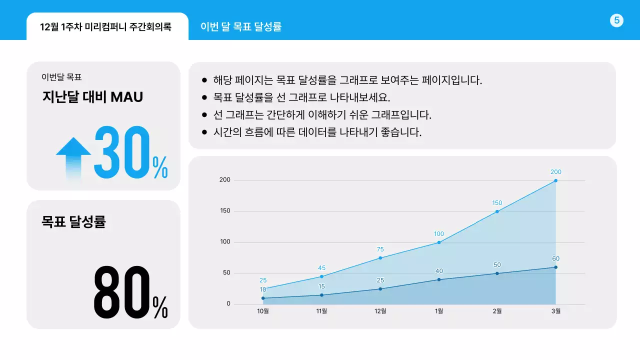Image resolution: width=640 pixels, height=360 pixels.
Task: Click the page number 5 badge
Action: coord(616,20)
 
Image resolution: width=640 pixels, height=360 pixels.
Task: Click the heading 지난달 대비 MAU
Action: coord(92,97)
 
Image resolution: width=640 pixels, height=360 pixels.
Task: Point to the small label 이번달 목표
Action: coord(61,77)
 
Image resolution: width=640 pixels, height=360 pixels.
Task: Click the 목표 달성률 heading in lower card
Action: coord(73,222)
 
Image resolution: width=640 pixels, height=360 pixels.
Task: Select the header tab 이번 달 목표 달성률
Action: coord(241,26)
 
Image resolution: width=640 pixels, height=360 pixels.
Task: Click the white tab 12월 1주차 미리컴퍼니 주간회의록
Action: coord(105,27)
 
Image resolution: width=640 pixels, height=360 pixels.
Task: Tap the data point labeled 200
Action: coord(555,180)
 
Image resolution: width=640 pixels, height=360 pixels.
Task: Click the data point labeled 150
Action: coord(497,211)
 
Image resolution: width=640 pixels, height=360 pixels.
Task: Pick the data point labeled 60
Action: coord(555,267)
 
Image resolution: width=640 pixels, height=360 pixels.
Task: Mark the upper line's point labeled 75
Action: coord(380,258)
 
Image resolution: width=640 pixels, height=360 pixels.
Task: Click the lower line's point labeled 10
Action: coord(263,298)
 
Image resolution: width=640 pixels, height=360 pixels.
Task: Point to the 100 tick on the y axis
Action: coord(225,242)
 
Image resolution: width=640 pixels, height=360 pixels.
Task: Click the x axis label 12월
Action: coord(380,311)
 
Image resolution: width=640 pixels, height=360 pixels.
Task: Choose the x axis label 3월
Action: coord(555,311)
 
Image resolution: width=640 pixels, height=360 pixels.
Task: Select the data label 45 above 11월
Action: coord(321,268)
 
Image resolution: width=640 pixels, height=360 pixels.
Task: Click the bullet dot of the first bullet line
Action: coord(204,80)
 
